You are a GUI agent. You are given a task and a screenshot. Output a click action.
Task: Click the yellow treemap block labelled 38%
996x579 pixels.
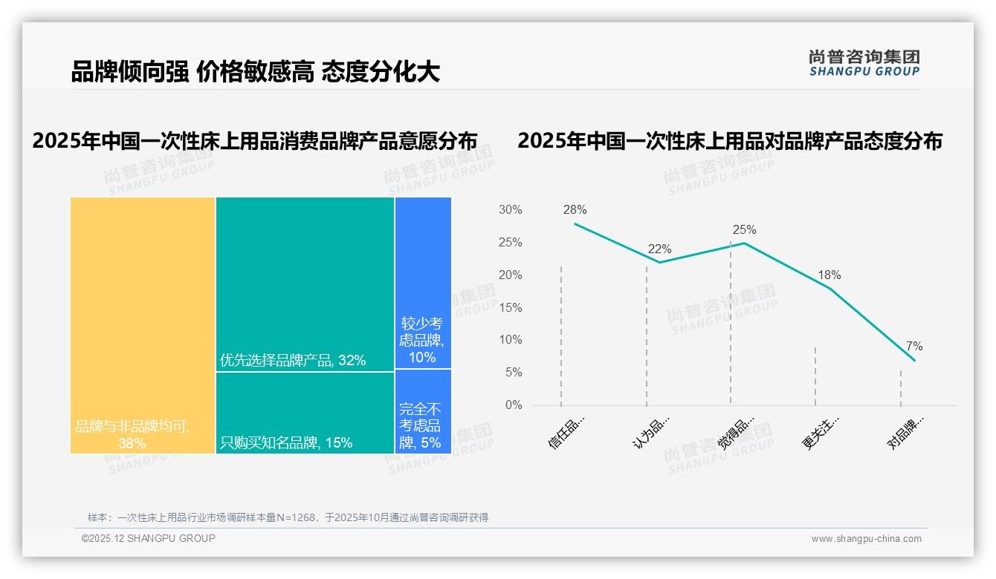click(143, 325)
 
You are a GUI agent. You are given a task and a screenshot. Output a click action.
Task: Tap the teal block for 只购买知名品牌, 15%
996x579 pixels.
click(305, 412)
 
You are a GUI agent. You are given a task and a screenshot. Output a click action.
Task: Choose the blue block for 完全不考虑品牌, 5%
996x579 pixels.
click(423, 411)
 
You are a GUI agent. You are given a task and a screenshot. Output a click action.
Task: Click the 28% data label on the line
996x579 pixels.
click(575, 210)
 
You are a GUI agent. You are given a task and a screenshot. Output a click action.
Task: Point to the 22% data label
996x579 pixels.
click(659, 249)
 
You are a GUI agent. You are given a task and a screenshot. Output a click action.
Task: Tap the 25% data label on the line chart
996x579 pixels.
click(744, 230)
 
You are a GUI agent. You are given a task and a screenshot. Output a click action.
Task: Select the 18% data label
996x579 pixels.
click(829, 275)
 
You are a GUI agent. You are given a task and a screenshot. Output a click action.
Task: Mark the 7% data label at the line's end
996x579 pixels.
click(914, 347)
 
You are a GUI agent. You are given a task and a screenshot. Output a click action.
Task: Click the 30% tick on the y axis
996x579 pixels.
click(510, 210)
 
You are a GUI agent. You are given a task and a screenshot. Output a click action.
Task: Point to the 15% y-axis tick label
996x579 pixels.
click(510, 307)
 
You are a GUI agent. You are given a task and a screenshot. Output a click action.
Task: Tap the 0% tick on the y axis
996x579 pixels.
click(514, 405)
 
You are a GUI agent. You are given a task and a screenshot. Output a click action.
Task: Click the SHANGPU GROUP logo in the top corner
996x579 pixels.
click(864, 63)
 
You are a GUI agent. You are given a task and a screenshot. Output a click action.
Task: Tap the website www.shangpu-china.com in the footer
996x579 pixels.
click(866, 539)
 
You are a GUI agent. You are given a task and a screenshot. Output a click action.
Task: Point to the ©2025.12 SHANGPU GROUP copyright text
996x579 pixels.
click(149, 538)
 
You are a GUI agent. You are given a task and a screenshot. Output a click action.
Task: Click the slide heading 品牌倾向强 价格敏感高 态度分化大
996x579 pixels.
click(255, 72)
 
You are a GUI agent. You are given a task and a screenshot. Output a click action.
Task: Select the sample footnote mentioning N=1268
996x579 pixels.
click(288, 517)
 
